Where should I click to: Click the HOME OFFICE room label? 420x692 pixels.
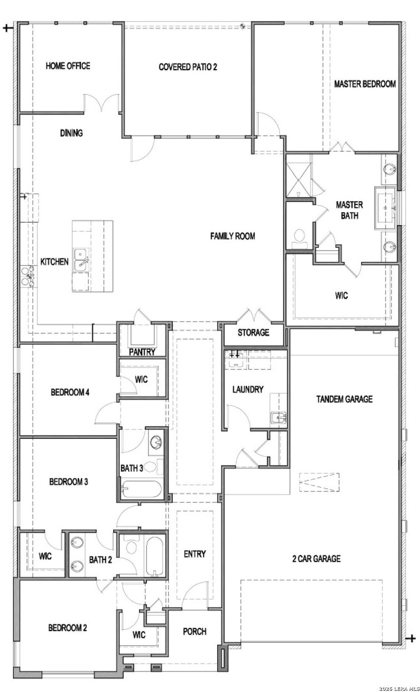pyautogui.click(x=68, y=66)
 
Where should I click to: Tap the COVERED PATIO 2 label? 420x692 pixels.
pyautogui.click(x=187, y=67)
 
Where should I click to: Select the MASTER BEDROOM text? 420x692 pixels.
pyautogui.click(x=365, y=84)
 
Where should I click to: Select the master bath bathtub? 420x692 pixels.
pyautogui.click(x=385, y=207)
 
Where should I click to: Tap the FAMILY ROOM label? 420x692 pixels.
pyautogui.click(x=233, y=236)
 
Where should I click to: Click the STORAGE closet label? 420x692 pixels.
pyautogui.click(x=253, y=332)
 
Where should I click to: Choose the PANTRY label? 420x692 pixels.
pyautogui.click(x=142, y=352)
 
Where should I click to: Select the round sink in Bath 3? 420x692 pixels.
pyautogui.click(x=156, y=442)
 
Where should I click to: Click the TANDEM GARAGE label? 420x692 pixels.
pyautogui.click(x=344, y=399)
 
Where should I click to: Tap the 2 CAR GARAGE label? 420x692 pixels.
pyautogui.click(x=316, y=558)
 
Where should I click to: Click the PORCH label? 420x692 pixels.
pyautogui.click(x=194, y=631)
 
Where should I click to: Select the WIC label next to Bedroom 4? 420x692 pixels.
pyautogui.click(x=141, y=379)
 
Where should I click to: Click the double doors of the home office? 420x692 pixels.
pyautogui.click(x=102, y=102)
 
